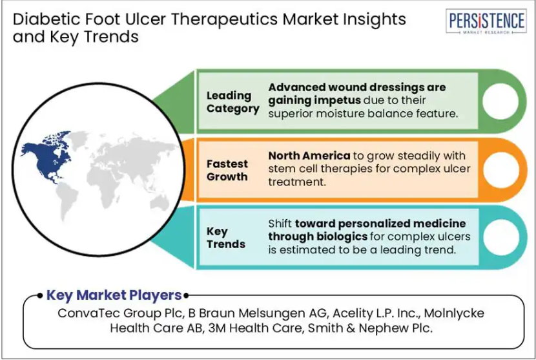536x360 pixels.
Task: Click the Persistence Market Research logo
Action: (486, 21)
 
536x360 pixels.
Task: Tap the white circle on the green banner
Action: (500, 101)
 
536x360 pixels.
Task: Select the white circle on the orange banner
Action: (500, 170)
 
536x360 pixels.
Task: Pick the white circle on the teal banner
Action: (500, 237)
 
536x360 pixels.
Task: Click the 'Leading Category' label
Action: (232, 102)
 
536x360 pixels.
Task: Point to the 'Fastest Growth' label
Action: (227, 170)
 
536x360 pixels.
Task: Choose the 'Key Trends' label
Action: (225, 237)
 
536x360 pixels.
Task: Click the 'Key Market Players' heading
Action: (114, 295)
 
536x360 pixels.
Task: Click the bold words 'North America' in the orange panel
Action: (309, 156)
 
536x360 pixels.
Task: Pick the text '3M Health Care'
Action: (255, 328)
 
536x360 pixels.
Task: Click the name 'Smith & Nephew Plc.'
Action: (370, 328)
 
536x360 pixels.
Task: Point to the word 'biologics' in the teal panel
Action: (342, 237)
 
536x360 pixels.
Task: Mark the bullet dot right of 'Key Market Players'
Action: (186, 295)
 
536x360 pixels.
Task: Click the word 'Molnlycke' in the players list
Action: (454, 313)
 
